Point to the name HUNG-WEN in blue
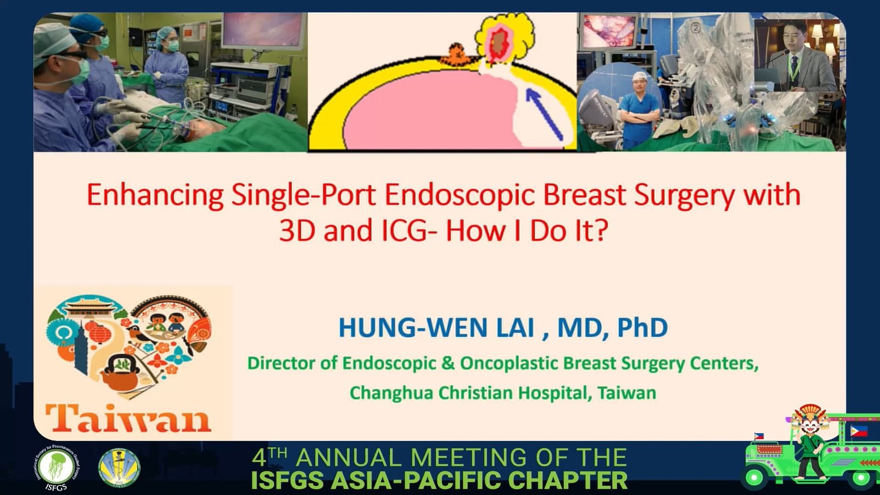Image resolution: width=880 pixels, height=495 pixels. click(x=436, y=328)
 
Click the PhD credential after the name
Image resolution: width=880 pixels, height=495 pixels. click(x=642, y=328)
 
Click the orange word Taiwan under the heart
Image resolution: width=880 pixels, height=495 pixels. click(x=129, y=418)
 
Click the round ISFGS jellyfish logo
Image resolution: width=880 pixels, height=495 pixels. click(x=55, y=468)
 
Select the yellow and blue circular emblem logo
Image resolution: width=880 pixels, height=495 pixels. click(x=119, y=468)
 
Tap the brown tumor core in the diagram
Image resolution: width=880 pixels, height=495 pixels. click(x=498, y=43)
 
